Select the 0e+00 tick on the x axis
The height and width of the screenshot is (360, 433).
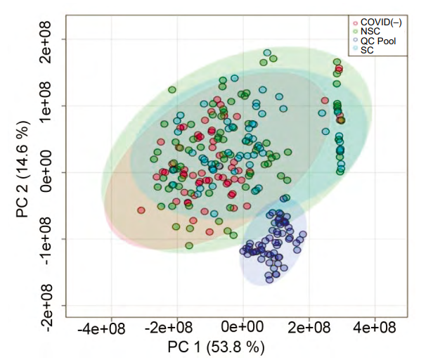[243, 328]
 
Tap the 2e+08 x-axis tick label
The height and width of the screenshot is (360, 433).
[309, 328]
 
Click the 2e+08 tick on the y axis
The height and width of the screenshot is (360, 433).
[51, 40]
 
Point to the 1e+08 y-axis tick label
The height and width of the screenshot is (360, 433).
[51, 106]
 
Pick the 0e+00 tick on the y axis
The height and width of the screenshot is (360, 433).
[51, 172]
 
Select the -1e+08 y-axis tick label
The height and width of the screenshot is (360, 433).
[51, 238]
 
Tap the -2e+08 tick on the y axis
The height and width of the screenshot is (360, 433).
[51, 304]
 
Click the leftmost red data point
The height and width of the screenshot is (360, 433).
[141, 210]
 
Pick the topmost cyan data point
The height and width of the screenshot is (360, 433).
[267, 53]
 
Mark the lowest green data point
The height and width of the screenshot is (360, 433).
[189, 245]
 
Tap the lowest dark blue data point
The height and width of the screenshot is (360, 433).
[269, 281]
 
